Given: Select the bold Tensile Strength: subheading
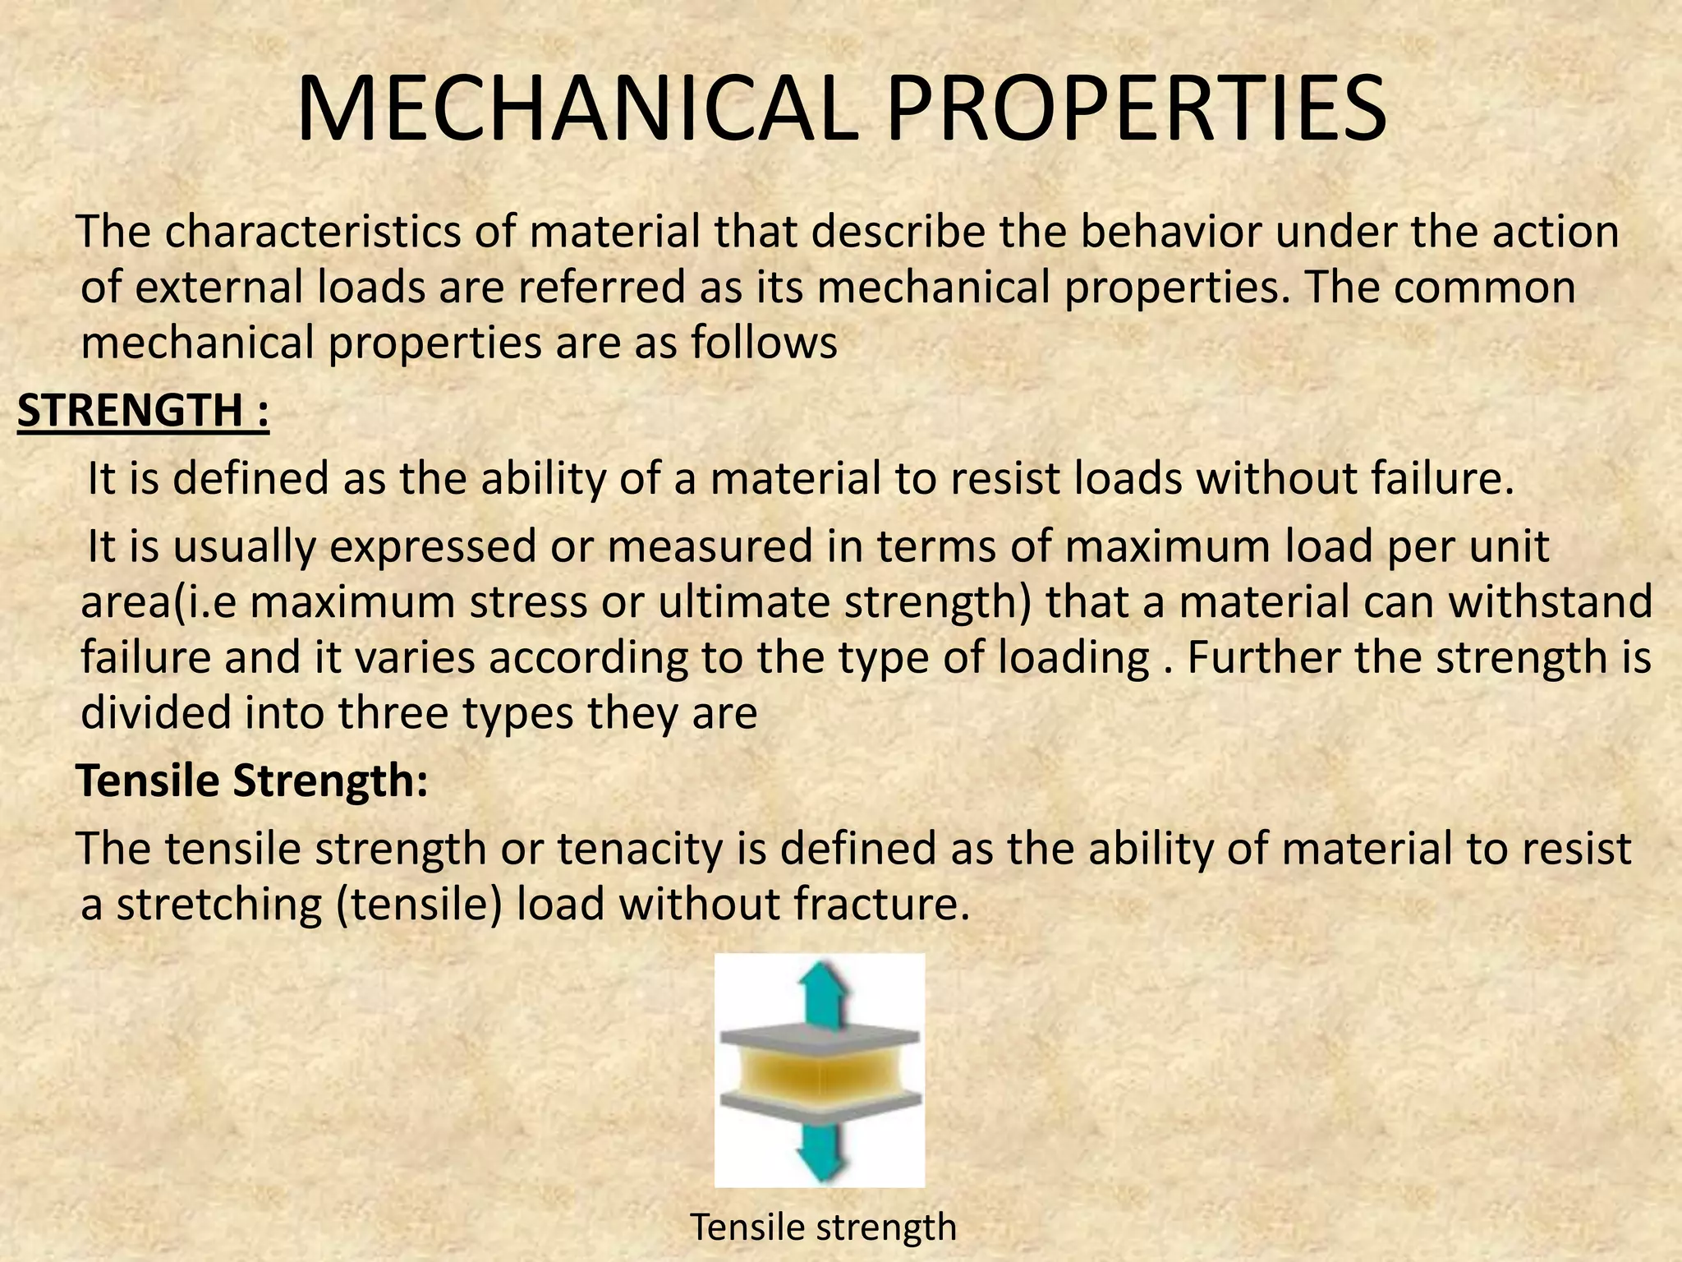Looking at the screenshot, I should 252,781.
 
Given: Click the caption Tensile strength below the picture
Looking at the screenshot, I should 823,1227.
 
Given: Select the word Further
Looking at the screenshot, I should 1263,657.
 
